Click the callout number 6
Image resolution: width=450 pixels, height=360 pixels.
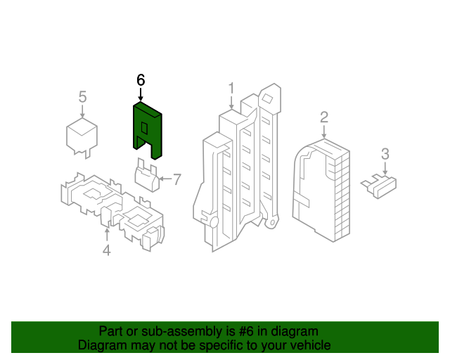141,80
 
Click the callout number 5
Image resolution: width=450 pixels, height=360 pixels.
82,97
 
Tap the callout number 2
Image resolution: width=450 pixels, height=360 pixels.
324,117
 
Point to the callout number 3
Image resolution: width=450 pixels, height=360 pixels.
385,154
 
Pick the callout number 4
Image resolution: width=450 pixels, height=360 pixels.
106,250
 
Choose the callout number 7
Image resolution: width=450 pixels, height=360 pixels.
177,179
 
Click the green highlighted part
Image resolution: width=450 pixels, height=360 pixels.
148,131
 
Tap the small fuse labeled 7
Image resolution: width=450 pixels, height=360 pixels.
147,175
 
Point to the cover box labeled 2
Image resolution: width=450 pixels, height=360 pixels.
321,190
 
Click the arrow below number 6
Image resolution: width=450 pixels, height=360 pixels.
141,94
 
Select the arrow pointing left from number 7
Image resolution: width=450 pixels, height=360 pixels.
165,179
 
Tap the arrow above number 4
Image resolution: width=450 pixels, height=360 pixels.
107,235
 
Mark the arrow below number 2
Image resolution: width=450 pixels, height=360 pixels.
324,131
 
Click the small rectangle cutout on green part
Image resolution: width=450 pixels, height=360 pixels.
144,128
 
